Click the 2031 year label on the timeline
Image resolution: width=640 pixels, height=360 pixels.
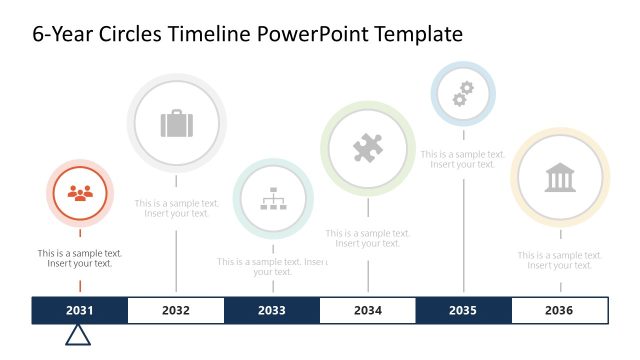(80, 310)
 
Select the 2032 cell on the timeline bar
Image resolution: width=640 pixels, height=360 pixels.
(176, 310)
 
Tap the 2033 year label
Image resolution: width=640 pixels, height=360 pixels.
(272, 310)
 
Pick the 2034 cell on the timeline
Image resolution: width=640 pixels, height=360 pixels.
(368, 310)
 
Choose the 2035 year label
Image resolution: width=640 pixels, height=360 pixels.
(463, 310)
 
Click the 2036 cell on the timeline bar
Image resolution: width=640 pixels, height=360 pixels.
(559, 310)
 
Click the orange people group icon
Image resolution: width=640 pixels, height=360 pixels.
(80, 193)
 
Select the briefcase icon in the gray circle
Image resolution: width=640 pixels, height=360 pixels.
(176, 124)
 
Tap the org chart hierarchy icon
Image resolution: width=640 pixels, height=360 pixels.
(273, 199)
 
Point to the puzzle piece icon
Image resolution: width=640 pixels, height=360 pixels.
(368, 149)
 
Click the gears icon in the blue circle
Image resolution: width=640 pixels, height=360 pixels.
(462, 94)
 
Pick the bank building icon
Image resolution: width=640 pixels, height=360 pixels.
(560, 178)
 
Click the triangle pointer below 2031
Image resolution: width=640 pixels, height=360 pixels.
(78, 335)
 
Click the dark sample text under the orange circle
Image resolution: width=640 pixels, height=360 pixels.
(80, 258)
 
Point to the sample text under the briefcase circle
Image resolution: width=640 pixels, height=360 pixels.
(176, 208)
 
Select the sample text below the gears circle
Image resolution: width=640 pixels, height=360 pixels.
(462, 159)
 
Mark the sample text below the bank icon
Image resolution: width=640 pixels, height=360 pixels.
(560, 260)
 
